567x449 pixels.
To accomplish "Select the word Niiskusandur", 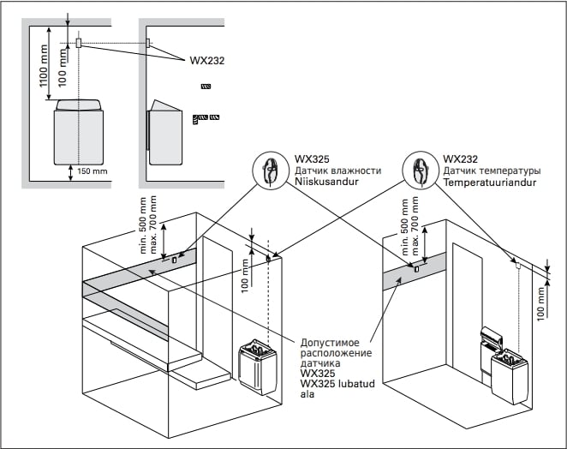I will tap(325, 182).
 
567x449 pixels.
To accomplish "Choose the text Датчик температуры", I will tap(492, 171).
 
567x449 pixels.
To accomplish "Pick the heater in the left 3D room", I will tap(254, 364).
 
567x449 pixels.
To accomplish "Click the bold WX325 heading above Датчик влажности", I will tap(308, 159).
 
